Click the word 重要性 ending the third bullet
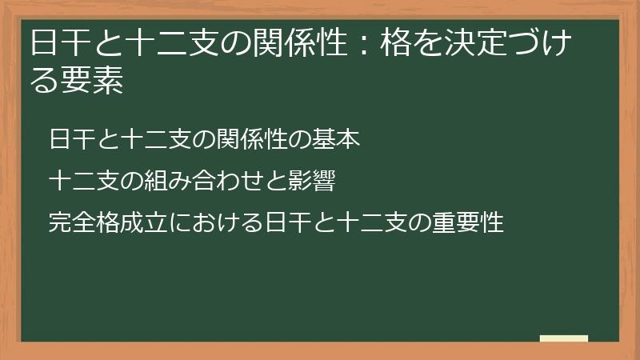click(x=473, y=222)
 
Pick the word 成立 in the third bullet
click(x=135, y=222)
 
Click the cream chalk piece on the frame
click(x=564, y=339)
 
